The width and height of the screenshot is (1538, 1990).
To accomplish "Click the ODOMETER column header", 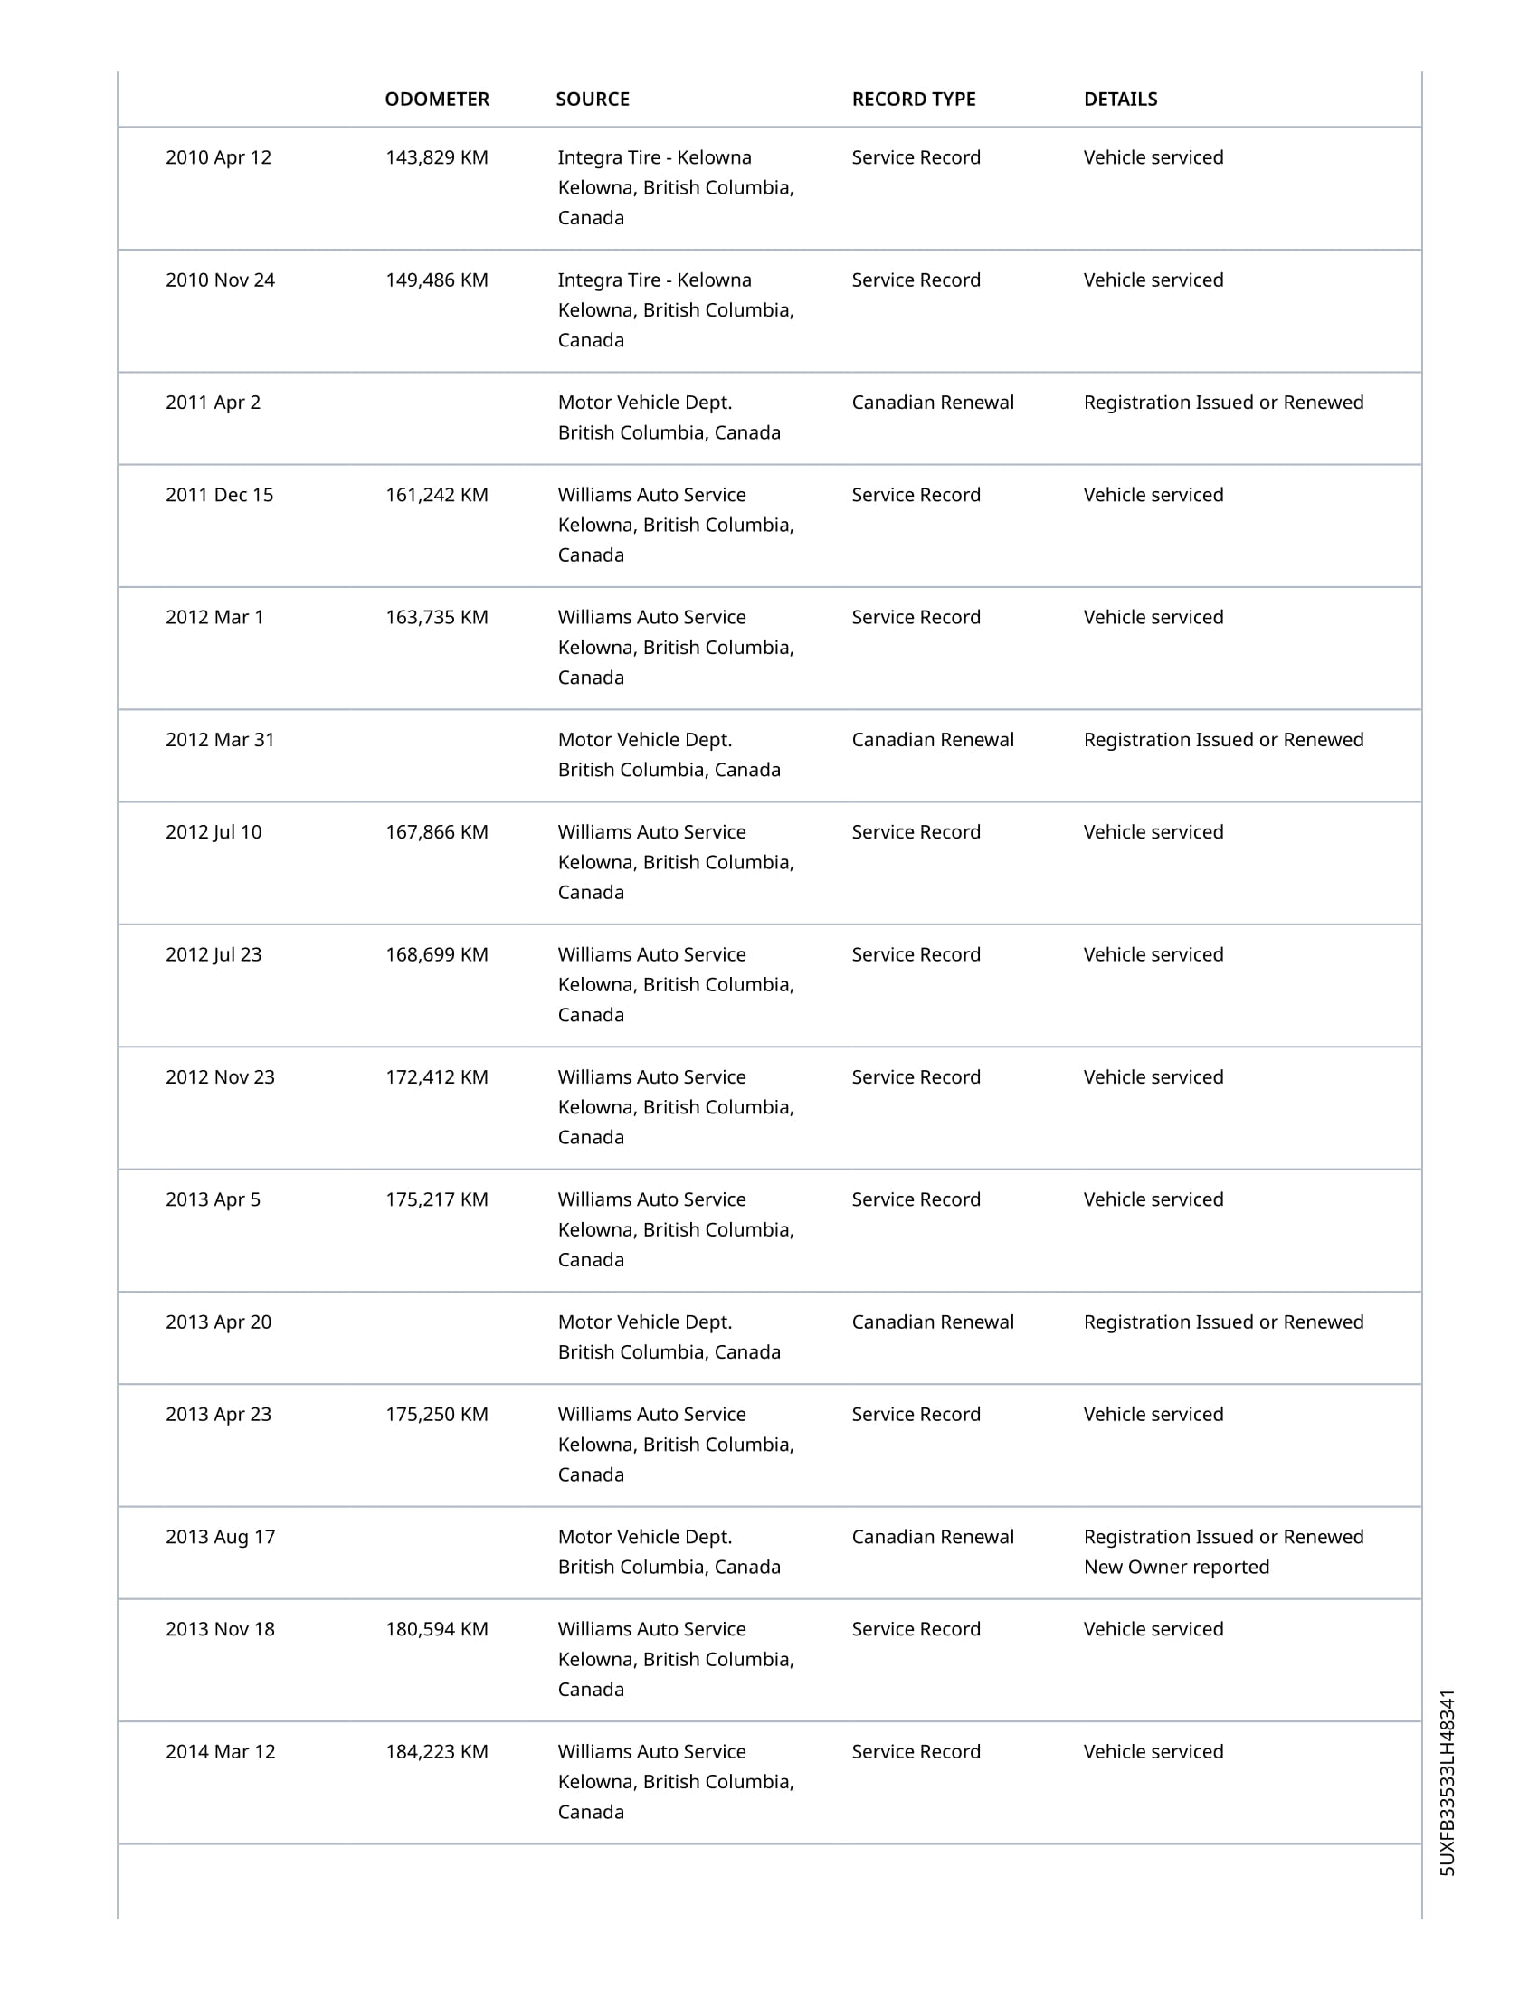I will point(436,99).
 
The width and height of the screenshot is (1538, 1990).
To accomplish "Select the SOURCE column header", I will point(593,99).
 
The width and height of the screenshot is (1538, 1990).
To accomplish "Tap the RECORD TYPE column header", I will point(913,99).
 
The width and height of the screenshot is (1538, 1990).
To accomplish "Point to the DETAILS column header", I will point(1120,99).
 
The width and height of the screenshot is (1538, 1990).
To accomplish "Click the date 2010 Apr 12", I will point(218,157).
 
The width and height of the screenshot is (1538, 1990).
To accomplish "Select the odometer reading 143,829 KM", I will point(436,157).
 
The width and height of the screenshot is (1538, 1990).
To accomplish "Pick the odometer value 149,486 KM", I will point(436,280).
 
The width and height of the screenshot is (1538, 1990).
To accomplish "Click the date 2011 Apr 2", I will point(213,403).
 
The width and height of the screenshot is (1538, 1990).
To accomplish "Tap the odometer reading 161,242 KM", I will point(436,495).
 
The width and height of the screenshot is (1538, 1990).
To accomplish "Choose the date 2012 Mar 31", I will point(220,740).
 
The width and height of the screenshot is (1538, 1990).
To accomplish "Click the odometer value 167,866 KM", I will point(436,832).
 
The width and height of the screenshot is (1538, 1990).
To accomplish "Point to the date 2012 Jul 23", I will point(214,955).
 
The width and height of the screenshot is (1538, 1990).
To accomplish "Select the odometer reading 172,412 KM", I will point(436,1077).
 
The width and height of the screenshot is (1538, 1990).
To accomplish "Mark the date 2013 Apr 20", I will point(218,1322).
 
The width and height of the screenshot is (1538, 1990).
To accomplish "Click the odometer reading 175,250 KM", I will point(436,1414).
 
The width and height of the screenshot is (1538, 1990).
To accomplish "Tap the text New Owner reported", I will point(1175,1568).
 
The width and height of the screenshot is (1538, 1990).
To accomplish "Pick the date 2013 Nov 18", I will point(220,1629).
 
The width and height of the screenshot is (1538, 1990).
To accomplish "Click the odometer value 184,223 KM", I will point(436,1751).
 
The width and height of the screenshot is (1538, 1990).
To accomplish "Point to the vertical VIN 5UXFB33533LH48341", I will point(1447,1782).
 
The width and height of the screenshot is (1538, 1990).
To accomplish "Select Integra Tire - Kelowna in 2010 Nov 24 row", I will point(654,280).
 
